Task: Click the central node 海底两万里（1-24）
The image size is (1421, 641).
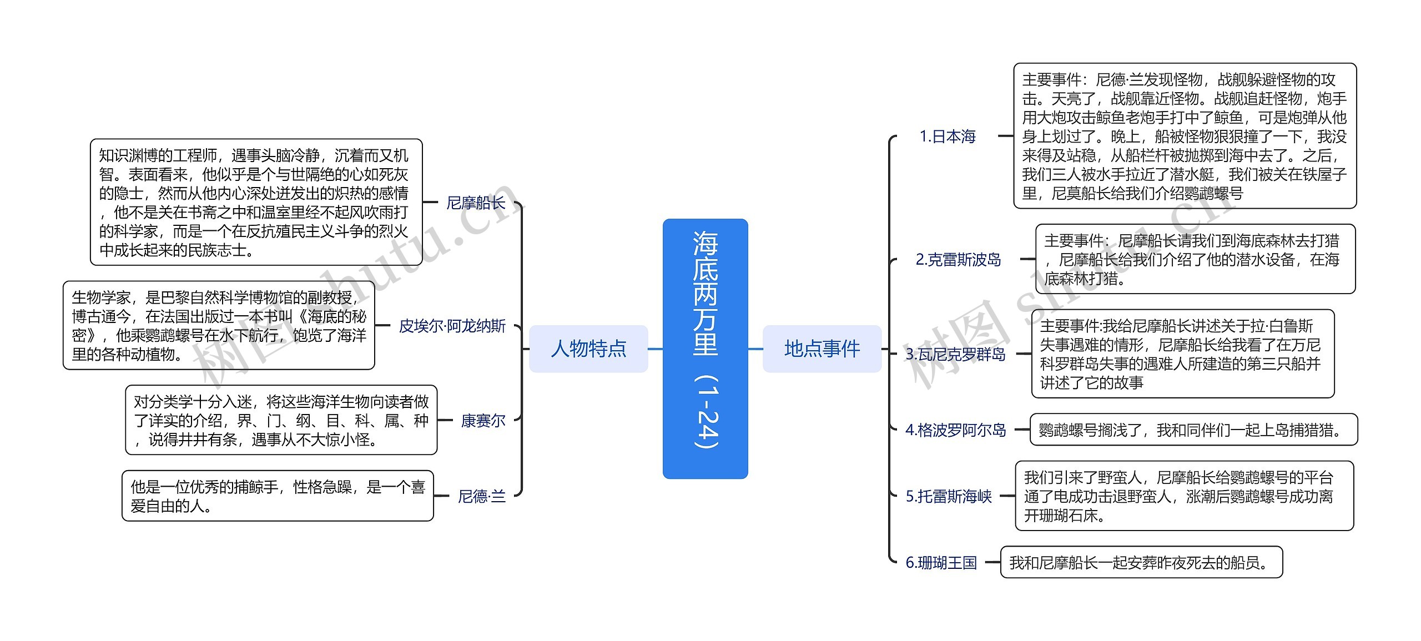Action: point(705,348)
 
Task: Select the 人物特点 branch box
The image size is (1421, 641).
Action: point(588,349)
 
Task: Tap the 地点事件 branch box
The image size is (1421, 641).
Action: point(822,349)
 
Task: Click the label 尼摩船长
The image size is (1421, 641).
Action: point(476,203)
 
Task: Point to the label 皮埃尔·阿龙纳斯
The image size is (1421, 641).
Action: point(452,326)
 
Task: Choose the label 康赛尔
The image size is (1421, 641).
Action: point(483,421)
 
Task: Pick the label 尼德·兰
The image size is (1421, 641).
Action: point(481,496)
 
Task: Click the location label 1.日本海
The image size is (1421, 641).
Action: point(948,136)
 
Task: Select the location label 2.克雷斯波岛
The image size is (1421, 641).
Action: point(958,259)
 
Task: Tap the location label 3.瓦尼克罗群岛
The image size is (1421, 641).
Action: point(955,354)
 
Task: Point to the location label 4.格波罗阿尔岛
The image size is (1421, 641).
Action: point(955,430)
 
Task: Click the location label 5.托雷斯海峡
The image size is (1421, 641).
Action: point(949,496)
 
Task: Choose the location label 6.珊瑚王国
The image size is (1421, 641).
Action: point(941,563)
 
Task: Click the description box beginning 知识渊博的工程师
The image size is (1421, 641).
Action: point(256,203)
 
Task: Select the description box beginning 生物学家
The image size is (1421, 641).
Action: point(219,326)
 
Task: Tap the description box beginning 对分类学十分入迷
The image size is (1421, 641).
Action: point(281,421)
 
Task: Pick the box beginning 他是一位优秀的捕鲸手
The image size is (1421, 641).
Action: point(278,496)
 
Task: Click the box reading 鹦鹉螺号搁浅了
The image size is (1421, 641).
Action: point(1193,430)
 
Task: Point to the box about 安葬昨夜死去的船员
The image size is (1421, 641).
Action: point(1141,563)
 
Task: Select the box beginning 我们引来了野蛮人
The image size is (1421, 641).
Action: point(1184,496)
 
